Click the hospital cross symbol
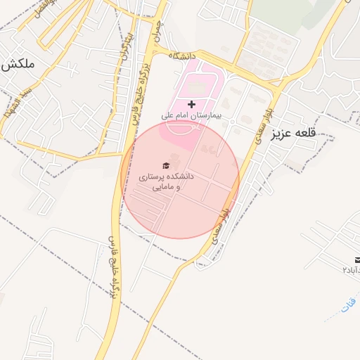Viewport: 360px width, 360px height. pos(191,104)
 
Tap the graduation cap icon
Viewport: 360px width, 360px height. pos(166,166)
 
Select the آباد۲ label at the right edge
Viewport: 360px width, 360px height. pos(351,270)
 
